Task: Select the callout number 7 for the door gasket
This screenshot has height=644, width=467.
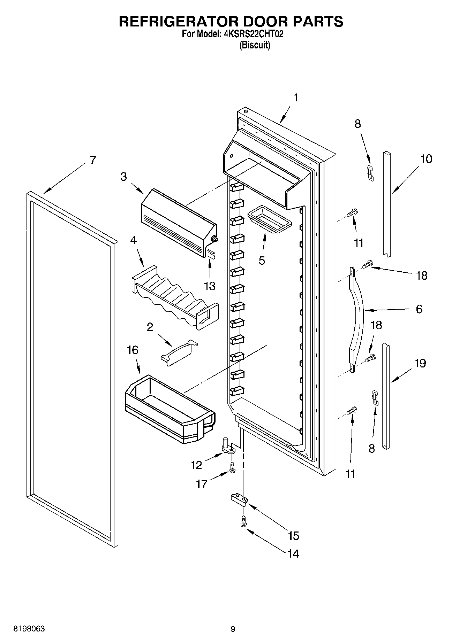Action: coord(92,160)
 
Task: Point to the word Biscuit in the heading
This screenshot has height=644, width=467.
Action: coord(255,45)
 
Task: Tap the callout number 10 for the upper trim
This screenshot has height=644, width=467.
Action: coord(426,159)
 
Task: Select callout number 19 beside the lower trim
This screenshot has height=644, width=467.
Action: coord(420,363)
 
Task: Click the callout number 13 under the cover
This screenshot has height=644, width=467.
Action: coord(210,286)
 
